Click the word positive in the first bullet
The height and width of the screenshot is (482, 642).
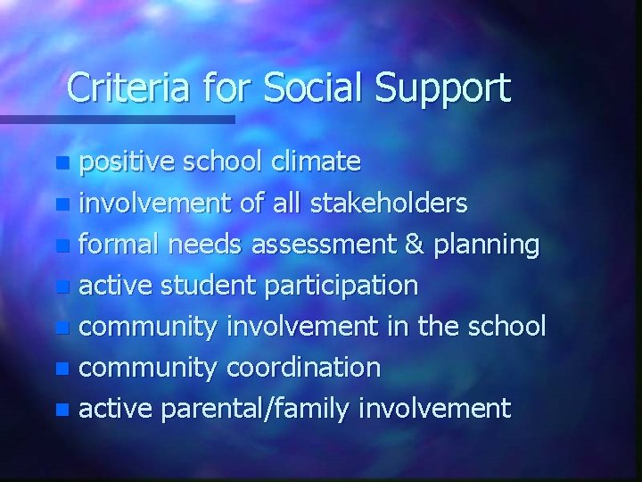127,162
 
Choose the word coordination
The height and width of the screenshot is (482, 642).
304,368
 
